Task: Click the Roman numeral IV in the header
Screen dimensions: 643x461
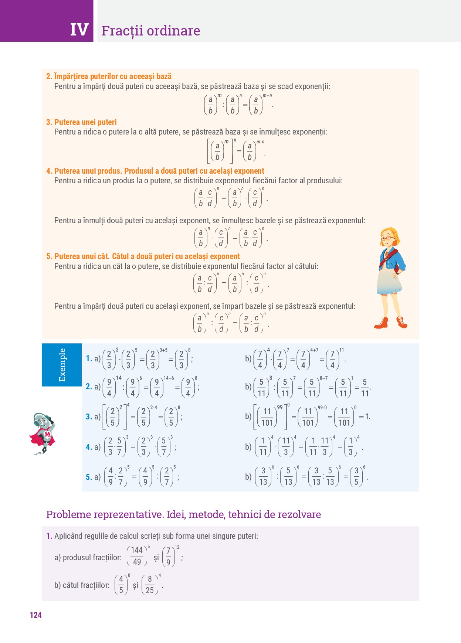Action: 79,30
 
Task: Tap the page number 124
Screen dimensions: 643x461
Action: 35,615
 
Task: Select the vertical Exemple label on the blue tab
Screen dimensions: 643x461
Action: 62,365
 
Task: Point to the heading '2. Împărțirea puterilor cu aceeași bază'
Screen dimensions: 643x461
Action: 109,76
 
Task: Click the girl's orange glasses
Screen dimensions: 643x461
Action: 388,238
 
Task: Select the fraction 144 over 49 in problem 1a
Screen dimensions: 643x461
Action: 137,556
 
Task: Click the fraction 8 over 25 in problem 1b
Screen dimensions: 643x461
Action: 150,585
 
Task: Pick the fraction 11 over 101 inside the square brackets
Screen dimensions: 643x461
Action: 267,417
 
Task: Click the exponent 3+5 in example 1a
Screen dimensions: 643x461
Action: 163,350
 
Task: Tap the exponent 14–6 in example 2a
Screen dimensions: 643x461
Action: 169,378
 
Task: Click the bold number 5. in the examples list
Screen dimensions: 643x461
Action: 89,477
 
